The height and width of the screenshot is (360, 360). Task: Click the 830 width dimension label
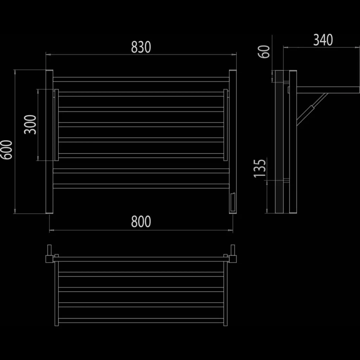click(x=141, y=47)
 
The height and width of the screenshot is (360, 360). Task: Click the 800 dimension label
click(x=141, y=221)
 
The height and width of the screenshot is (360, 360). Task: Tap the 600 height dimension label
click(x=6, y=150)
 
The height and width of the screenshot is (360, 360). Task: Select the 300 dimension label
click(x=30, y=125)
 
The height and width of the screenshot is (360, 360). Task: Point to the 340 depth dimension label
click(x=323, y=40)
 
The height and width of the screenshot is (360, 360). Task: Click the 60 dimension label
click(x=264, y=52)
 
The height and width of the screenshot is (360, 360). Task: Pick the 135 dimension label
click(x=260, y=168)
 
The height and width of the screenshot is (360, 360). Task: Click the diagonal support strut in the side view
click(x=312, y=109)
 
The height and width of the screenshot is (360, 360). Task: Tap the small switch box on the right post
click(x=233, y=202)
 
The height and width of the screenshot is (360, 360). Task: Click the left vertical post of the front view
click(x=49, y=142)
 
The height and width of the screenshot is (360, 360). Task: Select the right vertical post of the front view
click(x=233, y=142)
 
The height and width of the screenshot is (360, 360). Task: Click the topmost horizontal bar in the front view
click(x=141, y=79)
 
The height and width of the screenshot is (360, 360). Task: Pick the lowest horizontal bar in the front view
click(x=141, y=186)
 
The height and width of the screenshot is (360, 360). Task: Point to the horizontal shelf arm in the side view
click(x=328, y=90)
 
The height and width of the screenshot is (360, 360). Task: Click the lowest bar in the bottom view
click(x=141, y=321)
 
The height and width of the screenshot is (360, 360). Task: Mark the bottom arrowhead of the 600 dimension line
click(x=15, y=211)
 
